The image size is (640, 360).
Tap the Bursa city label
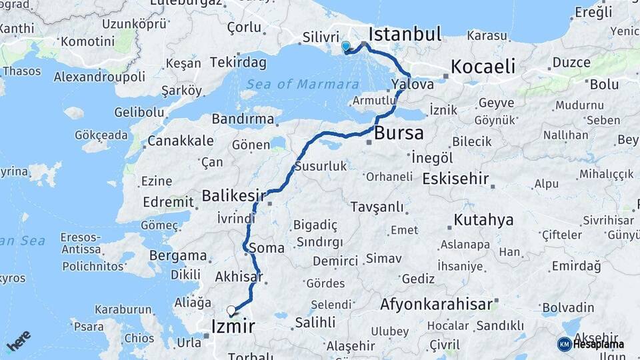pos(399,133)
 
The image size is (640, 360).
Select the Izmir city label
pos(232,326)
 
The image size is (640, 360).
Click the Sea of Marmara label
pos(302,85)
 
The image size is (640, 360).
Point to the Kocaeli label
pos(483,67)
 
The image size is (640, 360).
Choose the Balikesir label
pos(234,195)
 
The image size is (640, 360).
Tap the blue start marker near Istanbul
pos(345,47)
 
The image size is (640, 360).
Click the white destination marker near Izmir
pos(231,310)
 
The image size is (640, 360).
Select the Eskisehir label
pos(456,179)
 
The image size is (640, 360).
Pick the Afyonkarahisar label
pos(436,305)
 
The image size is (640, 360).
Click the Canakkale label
pos(181,141)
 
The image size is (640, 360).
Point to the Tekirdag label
pos(238,63)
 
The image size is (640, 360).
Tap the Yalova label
pos(413,85)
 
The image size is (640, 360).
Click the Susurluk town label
pos(321,166)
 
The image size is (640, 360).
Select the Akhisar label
pos(239,276)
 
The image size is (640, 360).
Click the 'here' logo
pos(19,341)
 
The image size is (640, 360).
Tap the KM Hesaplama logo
pos(591,344)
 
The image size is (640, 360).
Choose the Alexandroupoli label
pos(99,77)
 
